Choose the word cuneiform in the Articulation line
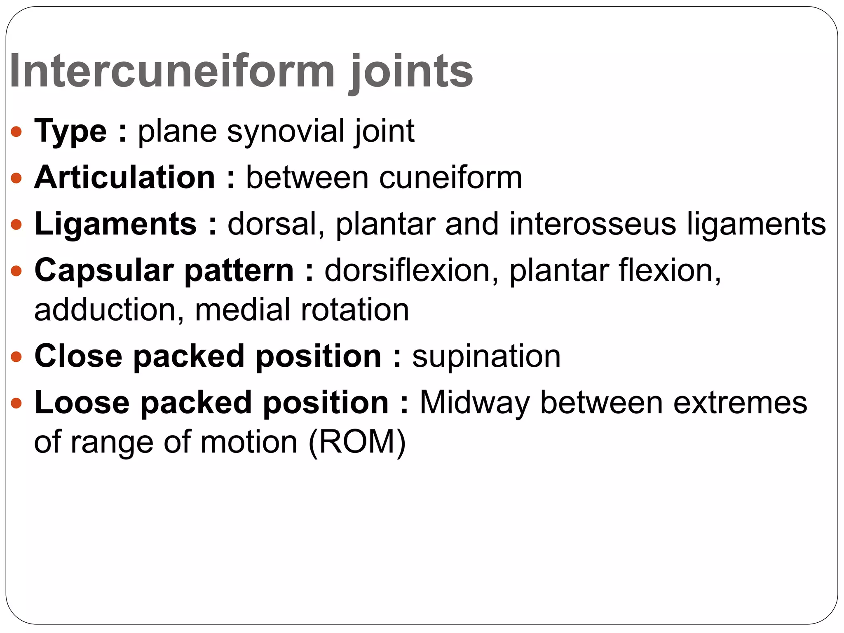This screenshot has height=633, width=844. tap(450, 178)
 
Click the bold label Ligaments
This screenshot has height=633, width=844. tap(116, 224)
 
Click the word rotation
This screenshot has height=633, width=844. tap(355, 310)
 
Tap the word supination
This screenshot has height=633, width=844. tap(486, 356)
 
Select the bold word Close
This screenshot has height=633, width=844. tap(79, 356)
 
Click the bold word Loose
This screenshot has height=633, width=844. tap(82, 403)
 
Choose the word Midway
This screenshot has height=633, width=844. tap(474, 403)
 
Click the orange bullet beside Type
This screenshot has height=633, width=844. tap(16, 132)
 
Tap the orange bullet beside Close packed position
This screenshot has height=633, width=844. tap(16, 357)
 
